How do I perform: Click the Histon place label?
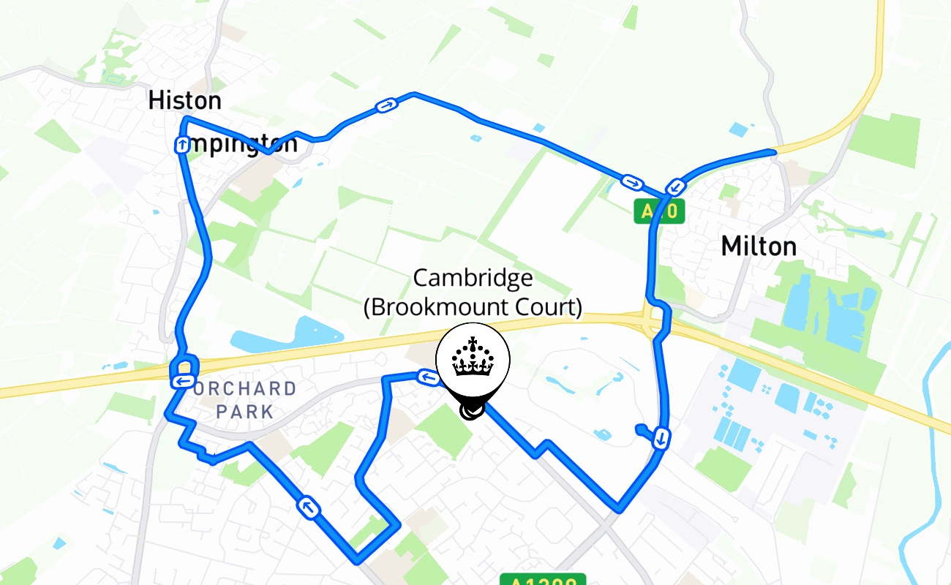184,100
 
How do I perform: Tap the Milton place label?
759,246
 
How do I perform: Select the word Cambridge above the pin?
473,279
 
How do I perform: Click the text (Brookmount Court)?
473,306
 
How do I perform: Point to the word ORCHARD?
245,389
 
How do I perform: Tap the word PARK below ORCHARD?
244,412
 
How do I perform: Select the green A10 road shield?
659,212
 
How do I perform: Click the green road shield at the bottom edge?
543,580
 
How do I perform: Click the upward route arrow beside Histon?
181,146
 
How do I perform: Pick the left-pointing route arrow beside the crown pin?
429,377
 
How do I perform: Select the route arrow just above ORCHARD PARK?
182,381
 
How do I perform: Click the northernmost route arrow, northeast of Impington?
387,106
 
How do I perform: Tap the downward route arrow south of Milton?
661,438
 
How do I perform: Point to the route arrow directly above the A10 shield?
676,187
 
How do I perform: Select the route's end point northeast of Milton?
773,152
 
